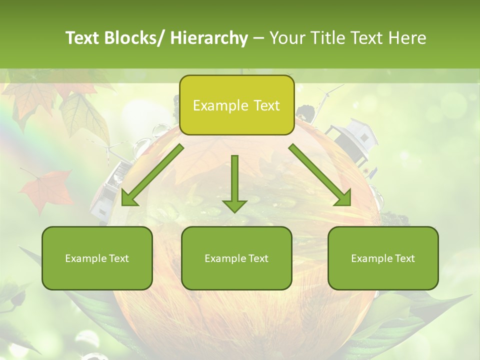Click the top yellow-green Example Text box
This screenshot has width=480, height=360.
(236, 105)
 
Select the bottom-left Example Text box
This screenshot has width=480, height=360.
(97, 258)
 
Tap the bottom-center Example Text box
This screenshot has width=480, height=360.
(236, 258)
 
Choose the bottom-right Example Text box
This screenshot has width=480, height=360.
(383, 258)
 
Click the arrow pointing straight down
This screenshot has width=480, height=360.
(234, 185)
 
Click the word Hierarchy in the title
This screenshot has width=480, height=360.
(209, 38)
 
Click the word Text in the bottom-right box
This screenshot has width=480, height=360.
(405, 258)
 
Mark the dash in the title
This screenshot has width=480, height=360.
(258, 38)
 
